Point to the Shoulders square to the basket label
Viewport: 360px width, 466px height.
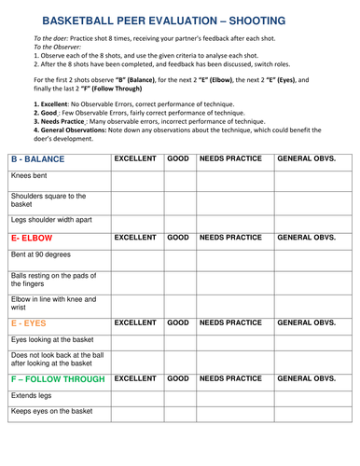tap(48, 200)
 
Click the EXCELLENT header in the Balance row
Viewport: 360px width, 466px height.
tap(135, 159)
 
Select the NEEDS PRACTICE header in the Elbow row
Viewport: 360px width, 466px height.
tap(230, 239)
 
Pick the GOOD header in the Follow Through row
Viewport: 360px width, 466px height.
tap(177, 379)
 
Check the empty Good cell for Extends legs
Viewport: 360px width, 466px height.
tap(177, 396)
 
